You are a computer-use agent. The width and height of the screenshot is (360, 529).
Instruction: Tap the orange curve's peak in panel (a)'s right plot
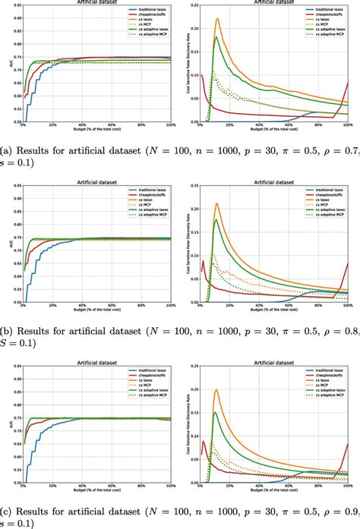(x=217, y=19)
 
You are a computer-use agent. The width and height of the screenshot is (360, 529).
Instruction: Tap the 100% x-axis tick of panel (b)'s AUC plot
(x=170, y=305)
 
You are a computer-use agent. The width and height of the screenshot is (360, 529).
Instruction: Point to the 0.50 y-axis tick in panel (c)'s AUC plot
(x=14, y=480)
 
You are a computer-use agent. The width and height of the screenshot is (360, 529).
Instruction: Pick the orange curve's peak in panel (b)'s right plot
(x=217, y=203)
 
